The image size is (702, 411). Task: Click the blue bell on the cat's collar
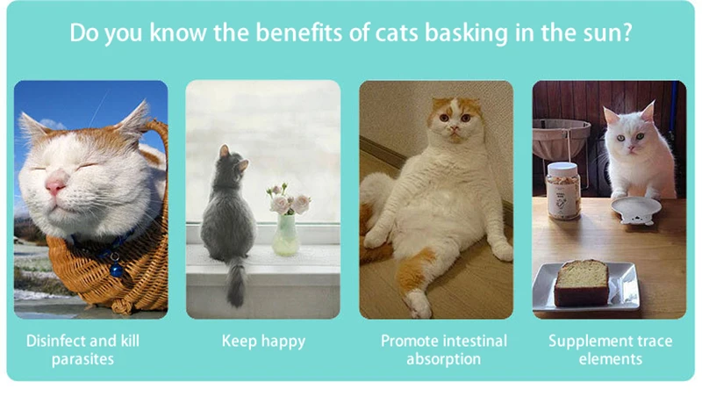click(x=117, y=270)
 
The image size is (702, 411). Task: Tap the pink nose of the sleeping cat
click(x=56, y=185)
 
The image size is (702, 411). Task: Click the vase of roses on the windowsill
click(x=286, y=234)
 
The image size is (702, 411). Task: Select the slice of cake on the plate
click(x=582, y=284)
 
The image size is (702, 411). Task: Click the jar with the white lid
click(x=563, y=191)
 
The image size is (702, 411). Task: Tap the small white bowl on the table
click(x=635, y=210)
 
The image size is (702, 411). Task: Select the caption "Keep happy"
click(x=264, y=342)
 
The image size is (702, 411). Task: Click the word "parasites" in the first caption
click(x=82, y=359)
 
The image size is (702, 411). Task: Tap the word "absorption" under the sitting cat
click(x=444, y=359)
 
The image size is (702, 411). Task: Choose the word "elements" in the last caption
click(x=610, y=359)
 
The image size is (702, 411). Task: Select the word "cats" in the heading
click(x=396, y=32)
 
